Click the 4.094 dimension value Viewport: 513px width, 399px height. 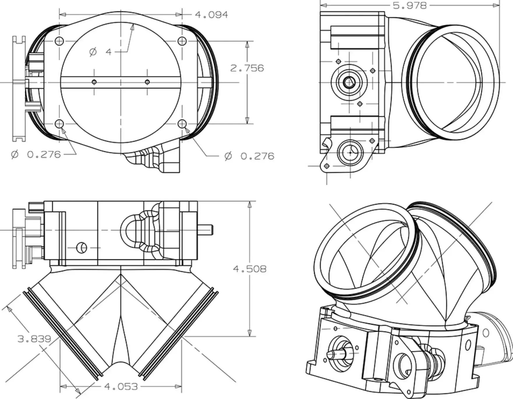point(211,15)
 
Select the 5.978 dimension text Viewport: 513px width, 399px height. point(410,5)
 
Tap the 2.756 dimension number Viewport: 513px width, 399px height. point(247,68)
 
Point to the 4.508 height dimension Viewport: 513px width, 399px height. point(250,269)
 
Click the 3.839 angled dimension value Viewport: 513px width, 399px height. point(34,339)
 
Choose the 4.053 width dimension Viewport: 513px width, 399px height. point(121,387)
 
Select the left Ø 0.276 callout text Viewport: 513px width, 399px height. point(36,154)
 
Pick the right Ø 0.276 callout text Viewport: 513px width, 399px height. point(249,156)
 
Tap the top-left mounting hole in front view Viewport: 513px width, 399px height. point(59,41)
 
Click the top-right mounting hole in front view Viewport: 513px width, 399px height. point(182,41)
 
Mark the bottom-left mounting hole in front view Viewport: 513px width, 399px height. point(59,124)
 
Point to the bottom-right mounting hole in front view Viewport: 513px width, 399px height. point(182,124)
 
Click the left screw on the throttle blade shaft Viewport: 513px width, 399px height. point(94,82)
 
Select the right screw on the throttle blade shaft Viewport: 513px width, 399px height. point(147,82)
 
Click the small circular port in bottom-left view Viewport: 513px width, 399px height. point(82,248)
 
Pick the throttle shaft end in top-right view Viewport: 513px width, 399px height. point(349,82)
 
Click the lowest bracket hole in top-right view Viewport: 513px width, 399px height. point(327,166)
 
